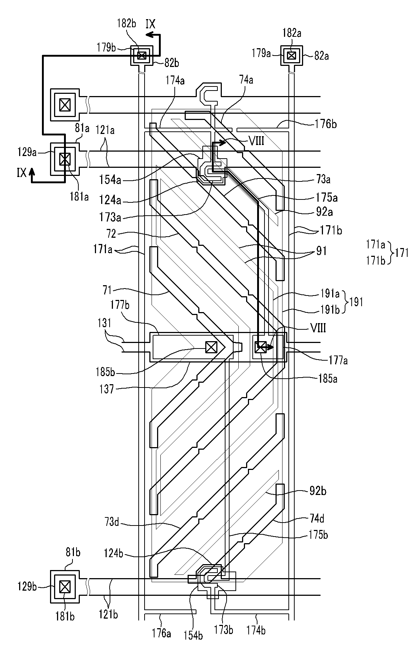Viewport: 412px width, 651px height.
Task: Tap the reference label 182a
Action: click(292, 33)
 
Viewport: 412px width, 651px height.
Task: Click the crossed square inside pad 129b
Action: click(65, 586)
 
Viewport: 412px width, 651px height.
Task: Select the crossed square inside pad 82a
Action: click(292, 56)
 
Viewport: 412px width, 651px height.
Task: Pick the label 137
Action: click(106, 389)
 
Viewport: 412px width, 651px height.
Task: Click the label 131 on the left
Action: click(104, 323)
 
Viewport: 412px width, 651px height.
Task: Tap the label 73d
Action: click(111, 522)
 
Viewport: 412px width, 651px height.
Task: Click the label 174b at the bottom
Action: click(256, 630)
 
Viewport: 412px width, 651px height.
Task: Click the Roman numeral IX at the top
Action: click(150, 24)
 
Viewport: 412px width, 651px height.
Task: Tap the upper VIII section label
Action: click(256, 141)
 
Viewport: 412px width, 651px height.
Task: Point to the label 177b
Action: click(120, 305)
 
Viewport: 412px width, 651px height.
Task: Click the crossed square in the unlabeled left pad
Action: click(65, 105)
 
